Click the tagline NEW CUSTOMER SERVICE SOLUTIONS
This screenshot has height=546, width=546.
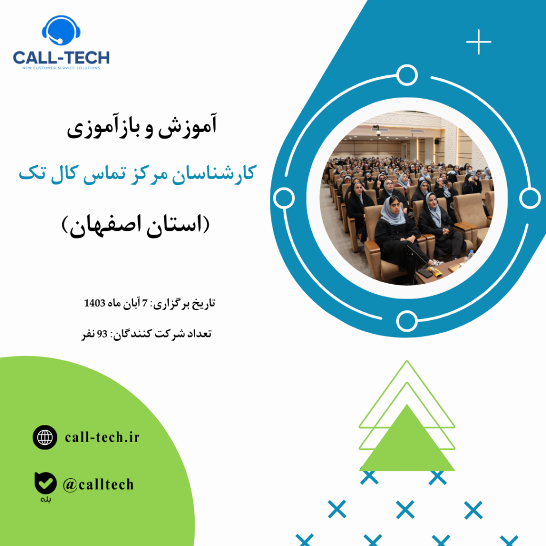coord(61,68)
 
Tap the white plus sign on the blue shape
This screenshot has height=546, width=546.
coord(478,42)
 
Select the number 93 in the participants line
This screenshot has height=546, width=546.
coord(101,334)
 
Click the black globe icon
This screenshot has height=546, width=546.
coord(45,438)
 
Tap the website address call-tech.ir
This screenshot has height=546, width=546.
coord(102,438)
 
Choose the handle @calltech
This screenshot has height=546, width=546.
coord(98,485)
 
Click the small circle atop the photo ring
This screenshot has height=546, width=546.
coord(407,76)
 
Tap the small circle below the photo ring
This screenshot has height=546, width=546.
coord(407,321)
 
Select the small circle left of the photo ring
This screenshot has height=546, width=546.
coord(283,198)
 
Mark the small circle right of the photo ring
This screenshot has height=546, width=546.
coord(529,198)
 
